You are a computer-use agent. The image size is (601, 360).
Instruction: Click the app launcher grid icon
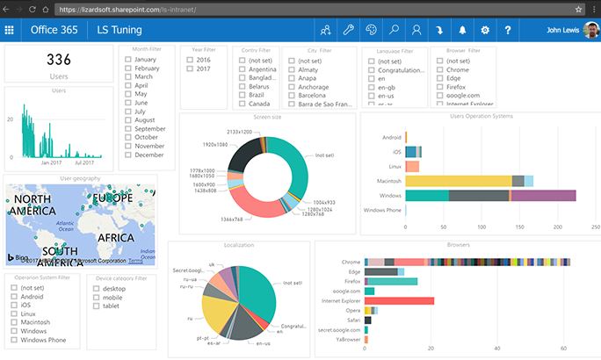click(10, 30)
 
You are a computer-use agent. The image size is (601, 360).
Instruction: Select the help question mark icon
click(508, 30)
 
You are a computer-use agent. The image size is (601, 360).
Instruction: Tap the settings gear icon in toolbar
click(485, 30)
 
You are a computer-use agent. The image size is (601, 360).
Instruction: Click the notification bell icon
click(462, 30)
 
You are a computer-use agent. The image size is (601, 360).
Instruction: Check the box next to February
click(129, 68)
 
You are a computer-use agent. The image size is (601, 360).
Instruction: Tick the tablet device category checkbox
click(96, 306)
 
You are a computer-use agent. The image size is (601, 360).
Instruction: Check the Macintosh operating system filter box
click(13, 322)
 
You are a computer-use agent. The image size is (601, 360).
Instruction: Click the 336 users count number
click(59, 61)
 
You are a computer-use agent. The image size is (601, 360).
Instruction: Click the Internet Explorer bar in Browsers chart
click(399, 300)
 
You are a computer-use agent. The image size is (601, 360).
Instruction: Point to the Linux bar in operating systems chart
click(412, 166)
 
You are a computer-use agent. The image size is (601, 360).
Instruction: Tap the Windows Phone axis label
click(382, 211)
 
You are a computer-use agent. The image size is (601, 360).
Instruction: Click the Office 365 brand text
click(54, 30)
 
